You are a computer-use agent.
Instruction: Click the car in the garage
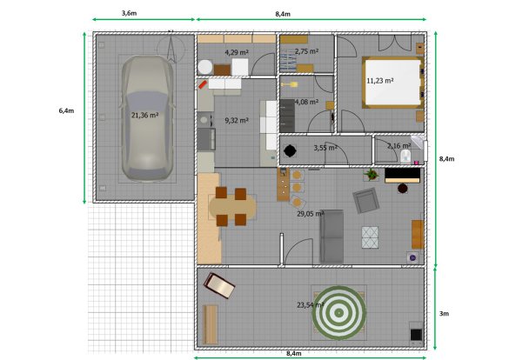tap(147, 118)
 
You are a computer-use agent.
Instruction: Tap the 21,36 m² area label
tap(144, 115)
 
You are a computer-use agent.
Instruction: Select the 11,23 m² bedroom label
tap(380, 80)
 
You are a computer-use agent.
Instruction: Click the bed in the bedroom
tap(393, 83)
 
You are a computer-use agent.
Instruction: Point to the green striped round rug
tap(339, 313)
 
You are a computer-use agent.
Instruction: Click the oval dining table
tap(232, 207)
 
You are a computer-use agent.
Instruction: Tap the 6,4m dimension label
tap(66, 110)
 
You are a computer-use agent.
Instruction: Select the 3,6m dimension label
tap(129, 13)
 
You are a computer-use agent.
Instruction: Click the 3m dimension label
tap(444, 314)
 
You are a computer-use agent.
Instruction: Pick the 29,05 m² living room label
tap(311, 214)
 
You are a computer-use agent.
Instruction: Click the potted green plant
tap(372, 175)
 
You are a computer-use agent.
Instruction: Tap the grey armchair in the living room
tap(366, 201)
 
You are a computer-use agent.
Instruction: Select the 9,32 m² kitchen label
tap(237, 120)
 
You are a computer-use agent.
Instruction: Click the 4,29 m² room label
tap(237, 52)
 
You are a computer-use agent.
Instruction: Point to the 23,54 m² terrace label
tap(311, 305)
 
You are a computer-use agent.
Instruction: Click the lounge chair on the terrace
tap(219, 285)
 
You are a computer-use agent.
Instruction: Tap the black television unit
tap(403, 175)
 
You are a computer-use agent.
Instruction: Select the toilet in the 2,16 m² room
tap(405, 157)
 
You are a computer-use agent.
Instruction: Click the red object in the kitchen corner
tap(203, 84)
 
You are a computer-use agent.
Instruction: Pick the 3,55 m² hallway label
tap(325, 148)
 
